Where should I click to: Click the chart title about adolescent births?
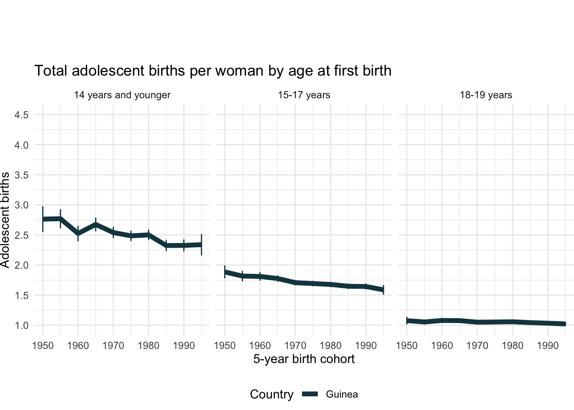click(213, 71)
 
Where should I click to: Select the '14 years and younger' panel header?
click(122, 95)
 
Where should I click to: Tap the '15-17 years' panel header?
click(304, 95)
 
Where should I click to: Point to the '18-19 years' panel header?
click(486, 95)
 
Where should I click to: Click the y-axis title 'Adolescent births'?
click(5, 220)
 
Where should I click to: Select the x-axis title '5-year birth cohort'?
click(304, 359)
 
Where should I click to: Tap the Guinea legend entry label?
click(342, 395)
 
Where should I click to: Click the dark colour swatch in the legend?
click(310, 395)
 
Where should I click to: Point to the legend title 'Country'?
click(272, 395)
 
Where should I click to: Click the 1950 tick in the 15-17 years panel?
click(225, 346)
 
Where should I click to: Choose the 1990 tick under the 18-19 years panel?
click(548, 346)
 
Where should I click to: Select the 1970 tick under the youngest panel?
click(113, 346)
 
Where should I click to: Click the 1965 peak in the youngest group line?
click(96, 224)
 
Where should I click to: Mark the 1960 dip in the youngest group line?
click(78, 234)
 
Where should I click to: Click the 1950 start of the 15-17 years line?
click(225, 272)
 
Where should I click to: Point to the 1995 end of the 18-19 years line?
click(565, 324)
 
